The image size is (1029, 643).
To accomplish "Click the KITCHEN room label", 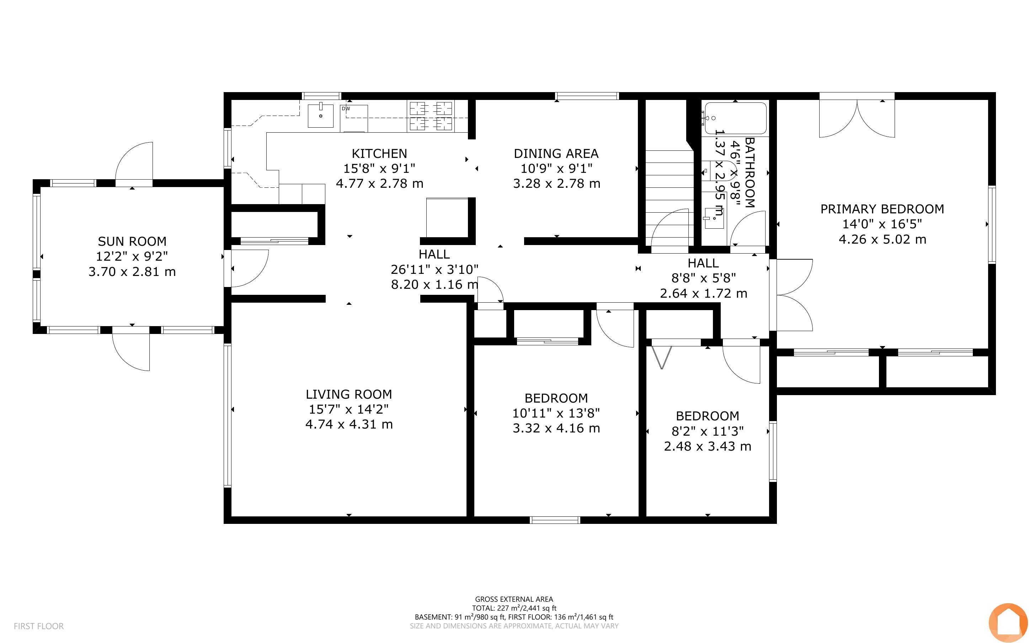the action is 379,154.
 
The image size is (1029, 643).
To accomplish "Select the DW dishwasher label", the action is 346,109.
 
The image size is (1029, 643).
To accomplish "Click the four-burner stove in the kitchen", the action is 431,116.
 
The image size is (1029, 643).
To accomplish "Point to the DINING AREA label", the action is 556,154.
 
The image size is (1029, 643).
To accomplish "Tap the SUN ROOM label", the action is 132,241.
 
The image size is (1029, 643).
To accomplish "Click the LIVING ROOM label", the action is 349,394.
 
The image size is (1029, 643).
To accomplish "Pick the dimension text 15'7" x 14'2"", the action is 348,409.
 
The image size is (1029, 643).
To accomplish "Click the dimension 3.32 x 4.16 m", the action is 556,428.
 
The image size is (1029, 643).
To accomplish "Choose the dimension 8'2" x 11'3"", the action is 708,431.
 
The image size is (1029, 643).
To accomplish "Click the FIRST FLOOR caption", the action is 39,626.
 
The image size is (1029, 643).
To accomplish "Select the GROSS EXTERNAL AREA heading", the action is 514,600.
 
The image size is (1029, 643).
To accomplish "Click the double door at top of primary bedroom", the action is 857,118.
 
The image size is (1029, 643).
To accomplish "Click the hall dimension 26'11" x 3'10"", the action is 434,269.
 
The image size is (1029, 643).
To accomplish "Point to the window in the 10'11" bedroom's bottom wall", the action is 555,520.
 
